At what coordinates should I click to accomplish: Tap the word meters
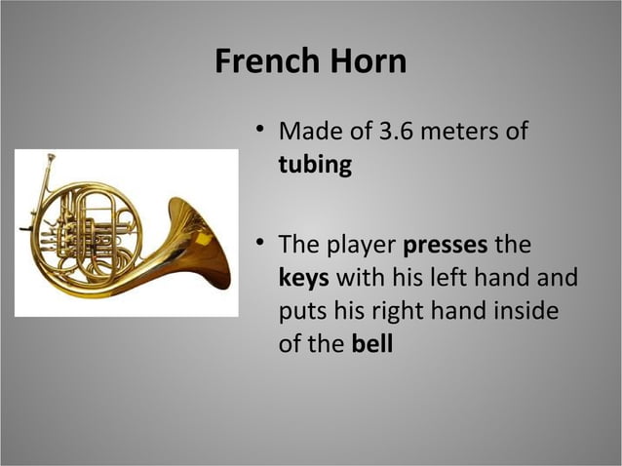tap(457, 130)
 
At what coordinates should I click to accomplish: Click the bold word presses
tap(445, 243)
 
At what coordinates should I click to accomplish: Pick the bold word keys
tap(303, 278)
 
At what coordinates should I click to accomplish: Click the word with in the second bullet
tap(356, 278)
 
